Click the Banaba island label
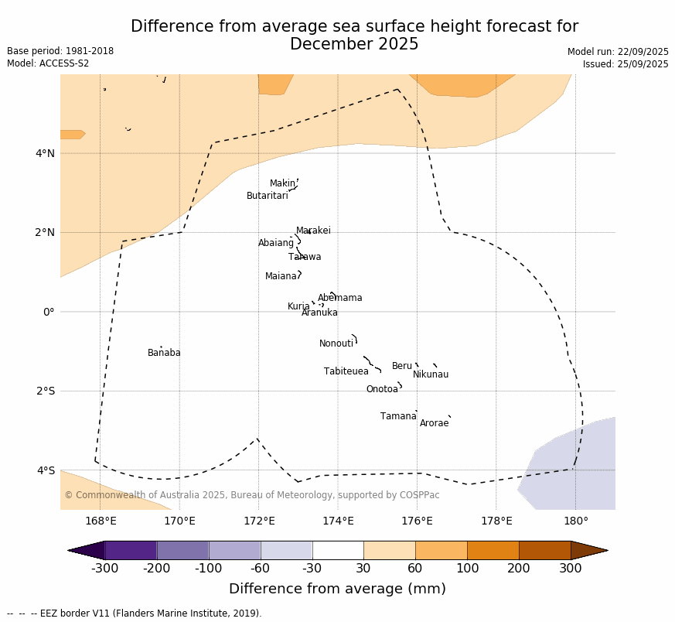click(164, 353)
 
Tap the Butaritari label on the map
click(267, 196)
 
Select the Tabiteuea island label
click(346, 371)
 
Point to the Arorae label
click(434, 423)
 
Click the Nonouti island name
click(336, 343)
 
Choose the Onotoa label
click(382, 389)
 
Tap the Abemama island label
click(339, 298)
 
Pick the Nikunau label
click(430, 374)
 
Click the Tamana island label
click(398, 416)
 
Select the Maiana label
click(281, 276)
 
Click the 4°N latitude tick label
click(45, 153)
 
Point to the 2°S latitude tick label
click(45, 391)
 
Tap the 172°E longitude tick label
click(259, 521)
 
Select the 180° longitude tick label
click(575, 521)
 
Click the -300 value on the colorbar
click(104, 569)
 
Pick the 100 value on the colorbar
click(467, 569)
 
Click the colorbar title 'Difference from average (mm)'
click(337, 589)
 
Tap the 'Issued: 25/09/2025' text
click(625, 64)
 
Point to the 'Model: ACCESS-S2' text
click(48, 63)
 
